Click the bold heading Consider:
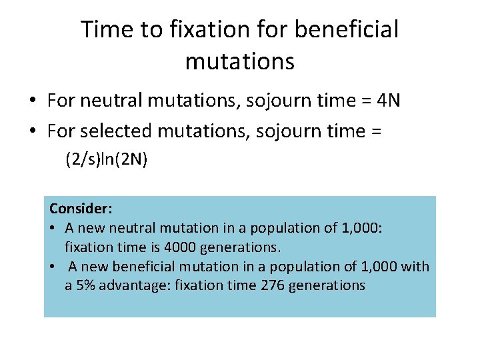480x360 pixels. click(81, 209)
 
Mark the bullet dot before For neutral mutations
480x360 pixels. click(32, 101)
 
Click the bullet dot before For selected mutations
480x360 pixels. click(32, 132)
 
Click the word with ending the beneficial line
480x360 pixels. click(416, 267)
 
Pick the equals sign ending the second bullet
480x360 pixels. click(375, 132)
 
